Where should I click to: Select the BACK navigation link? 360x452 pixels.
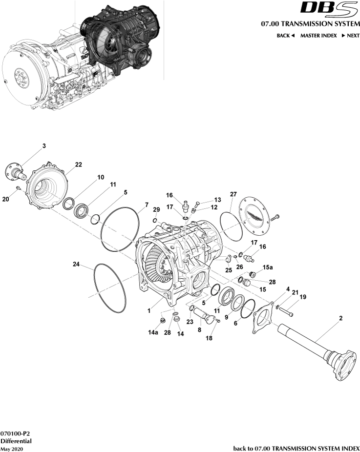pos(286,36)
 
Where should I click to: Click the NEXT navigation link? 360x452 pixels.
pos(350,36)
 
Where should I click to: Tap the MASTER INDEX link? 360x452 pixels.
pos(318,36)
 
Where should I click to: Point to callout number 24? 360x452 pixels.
pos(76,265)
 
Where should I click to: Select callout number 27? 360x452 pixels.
pos(233,194)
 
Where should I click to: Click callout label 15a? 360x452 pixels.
pos(268,267)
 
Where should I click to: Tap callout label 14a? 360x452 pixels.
pos(153,333)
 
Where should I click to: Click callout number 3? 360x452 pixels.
pos(44,146)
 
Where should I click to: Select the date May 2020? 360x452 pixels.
pos(11,448)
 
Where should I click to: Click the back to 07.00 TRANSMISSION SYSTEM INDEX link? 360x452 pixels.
pos(296,448)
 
